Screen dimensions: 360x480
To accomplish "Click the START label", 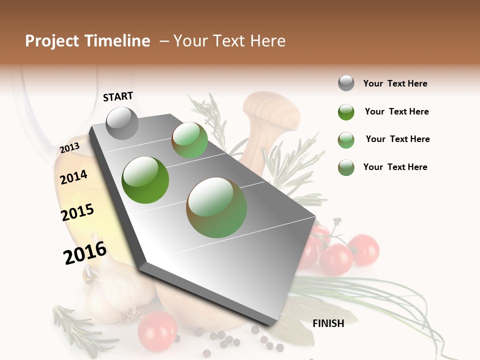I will [118, 96].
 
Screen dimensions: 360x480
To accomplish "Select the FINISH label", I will [328, 323].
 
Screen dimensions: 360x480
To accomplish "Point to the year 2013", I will [69, 148].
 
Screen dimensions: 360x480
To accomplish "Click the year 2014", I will [73, 177].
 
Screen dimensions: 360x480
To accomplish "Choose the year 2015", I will [77, 212].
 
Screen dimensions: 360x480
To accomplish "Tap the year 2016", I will [85, 253].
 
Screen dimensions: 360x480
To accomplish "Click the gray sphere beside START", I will [122, 123].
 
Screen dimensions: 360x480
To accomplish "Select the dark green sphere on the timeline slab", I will [145, 180].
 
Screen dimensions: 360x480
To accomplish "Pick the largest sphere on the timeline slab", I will [216, 207].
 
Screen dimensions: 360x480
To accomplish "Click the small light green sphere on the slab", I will [189, 140].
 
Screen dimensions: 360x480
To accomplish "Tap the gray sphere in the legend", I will [346, 83].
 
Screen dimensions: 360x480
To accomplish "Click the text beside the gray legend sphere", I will [395, 83].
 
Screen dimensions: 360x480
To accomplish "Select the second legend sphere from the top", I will [346, 111].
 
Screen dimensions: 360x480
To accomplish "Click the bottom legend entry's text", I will [395, 167].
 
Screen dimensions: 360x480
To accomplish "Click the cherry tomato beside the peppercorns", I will [157, 330].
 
